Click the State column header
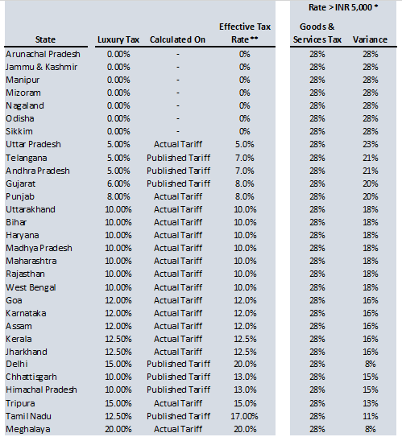(45, 39)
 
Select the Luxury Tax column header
(118, 39)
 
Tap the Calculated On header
(178, 39)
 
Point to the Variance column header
(370, 39)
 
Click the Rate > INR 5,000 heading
(343, 7)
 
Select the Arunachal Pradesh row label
(43, 54)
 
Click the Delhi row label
(17, 364)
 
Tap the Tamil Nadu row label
(28, 416)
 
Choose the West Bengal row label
(31, 287)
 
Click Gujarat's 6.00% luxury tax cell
(118, 183)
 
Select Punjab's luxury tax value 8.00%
(118, 196)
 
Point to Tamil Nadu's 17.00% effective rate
(244, 416)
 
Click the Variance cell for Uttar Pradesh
(371, 144)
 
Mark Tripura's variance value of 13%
(371, 403)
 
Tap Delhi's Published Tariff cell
(178, 364)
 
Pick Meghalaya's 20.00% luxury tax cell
(118, 429)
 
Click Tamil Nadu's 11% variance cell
(371, 416)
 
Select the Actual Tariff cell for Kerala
(178, 339)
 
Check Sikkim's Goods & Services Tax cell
(317, 131)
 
